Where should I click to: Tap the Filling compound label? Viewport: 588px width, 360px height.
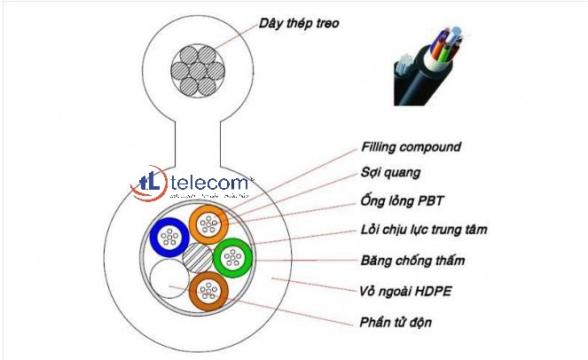(x=411, y=147)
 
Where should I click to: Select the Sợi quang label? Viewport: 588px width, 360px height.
(x=391, y=174)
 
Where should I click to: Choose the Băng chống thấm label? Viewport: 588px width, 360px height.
(x=412, y=261)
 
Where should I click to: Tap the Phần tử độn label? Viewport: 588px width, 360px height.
(x=396, y=319)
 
